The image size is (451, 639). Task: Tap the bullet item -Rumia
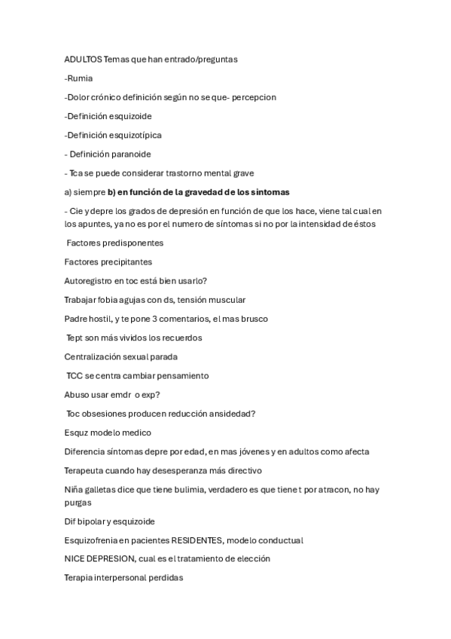pyautogui.click(x=79, y=78)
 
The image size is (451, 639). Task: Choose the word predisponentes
pyautogui.click(x=133, y=243)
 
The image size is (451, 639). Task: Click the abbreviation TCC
pyautogui.click(x=75, y=375)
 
